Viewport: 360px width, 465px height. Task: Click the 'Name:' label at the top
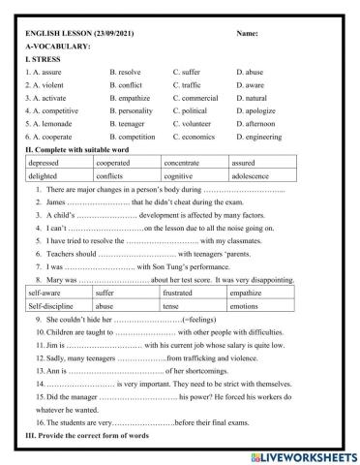(x=247, y=34)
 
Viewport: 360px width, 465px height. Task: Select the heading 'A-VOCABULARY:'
(x=58, y=46)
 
